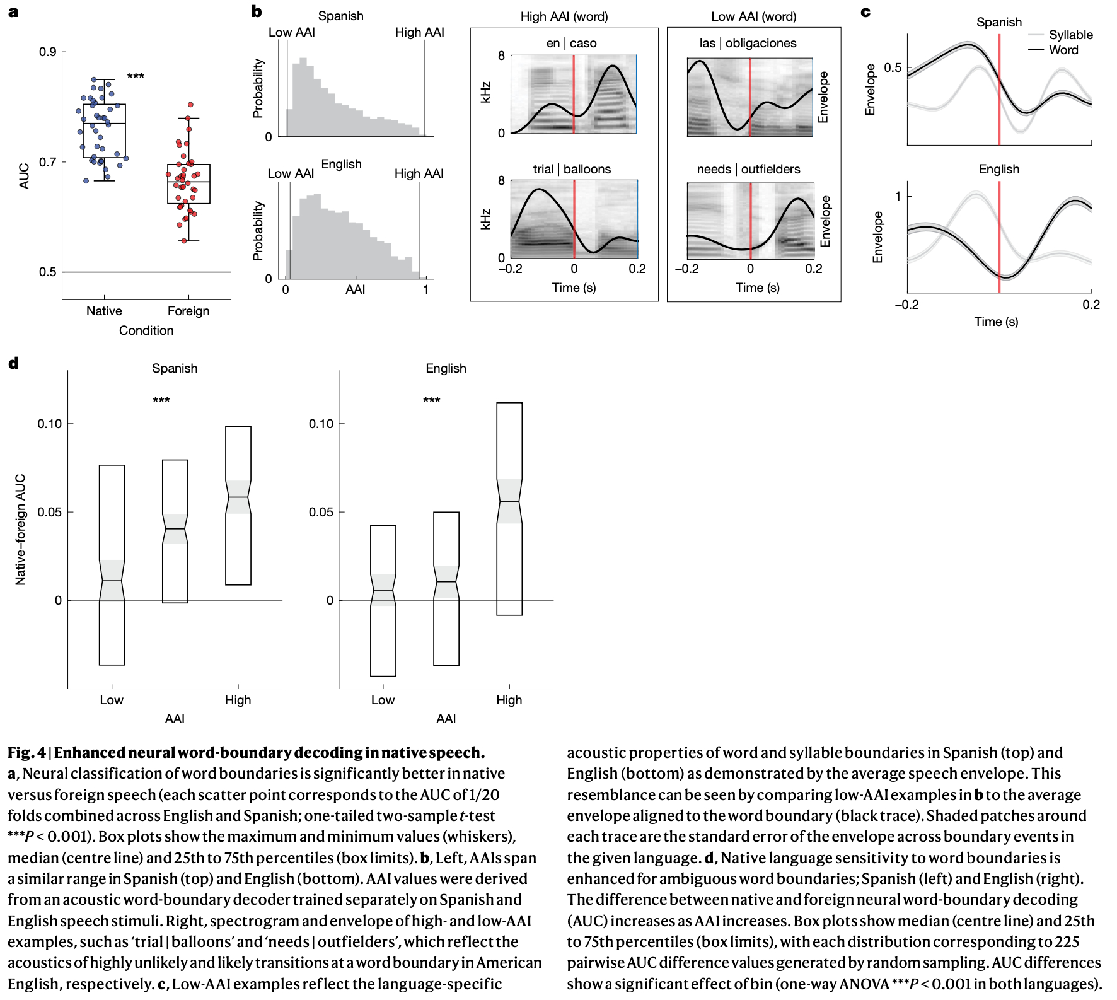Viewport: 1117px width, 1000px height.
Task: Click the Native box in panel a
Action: tap(104, 131)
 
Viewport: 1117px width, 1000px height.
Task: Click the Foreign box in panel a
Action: tap(188, 183)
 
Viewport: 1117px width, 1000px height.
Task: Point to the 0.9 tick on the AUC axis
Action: tap(48, 52)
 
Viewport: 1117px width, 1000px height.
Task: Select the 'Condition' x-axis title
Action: tap(146, 330)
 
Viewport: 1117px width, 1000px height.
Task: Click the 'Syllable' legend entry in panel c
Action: tap(1070, 35)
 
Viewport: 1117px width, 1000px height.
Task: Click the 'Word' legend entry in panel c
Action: tap(1063, 50)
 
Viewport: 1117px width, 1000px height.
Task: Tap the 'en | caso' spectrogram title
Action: tap(571, 43)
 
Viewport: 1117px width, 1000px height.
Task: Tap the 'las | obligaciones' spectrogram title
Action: tap(748, 43)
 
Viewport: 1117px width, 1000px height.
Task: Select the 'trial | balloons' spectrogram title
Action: tap(572, 169)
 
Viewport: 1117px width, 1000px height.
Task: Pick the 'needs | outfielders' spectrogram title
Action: tap(748, 169)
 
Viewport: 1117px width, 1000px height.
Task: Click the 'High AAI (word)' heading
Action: tap(564, 16)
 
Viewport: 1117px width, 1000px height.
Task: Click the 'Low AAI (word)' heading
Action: tap(753, 16)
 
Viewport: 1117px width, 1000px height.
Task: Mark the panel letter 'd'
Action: tap(13, 363)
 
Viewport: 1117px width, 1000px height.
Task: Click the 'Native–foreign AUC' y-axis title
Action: tap(21, 530)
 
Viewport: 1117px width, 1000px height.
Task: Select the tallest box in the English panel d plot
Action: tap(509, 508)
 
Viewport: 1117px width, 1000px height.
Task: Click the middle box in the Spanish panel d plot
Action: tap(175, 531)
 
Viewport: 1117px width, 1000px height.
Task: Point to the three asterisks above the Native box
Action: tap(136, 76)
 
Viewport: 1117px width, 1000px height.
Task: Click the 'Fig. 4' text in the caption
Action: tap(26, 752)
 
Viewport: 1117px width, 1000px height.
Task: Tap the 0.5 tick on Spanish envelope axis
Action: tap(893, 67)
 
